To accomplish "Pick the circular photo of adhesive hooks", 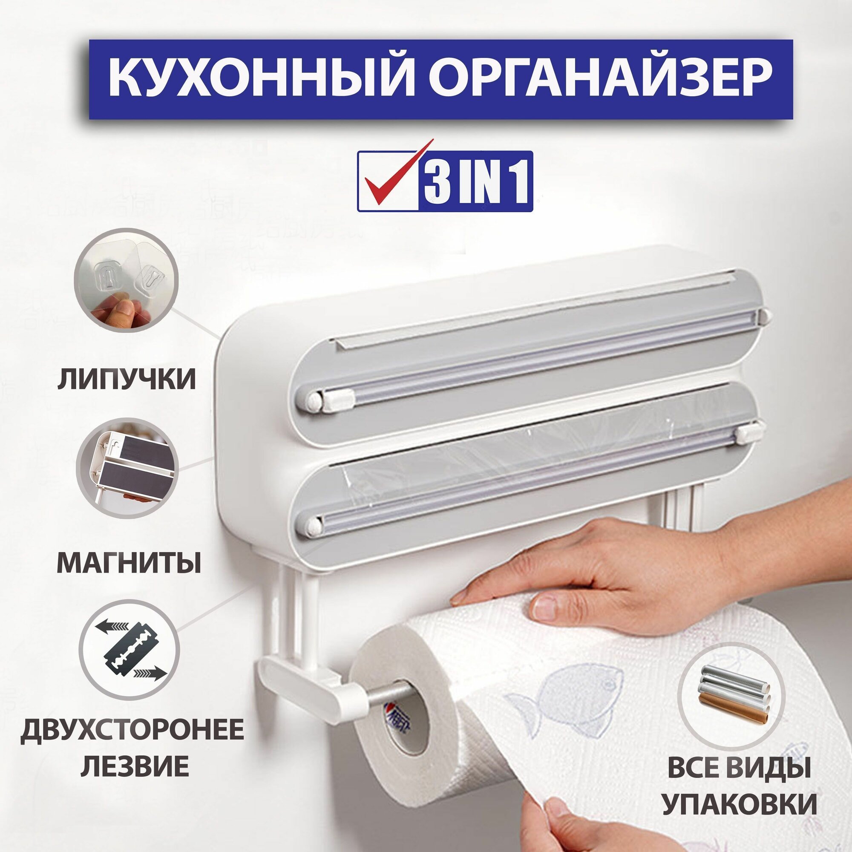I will [126, 279].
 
